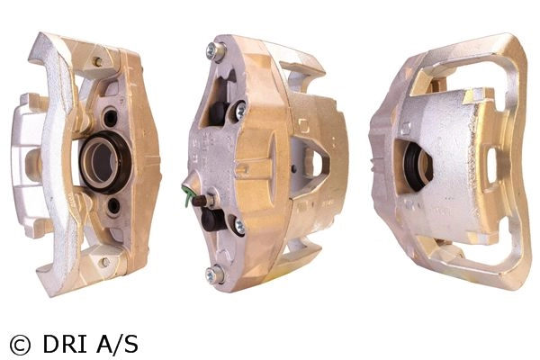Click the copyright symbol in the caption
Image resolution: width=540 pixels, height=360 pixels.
click(x=20, y=346)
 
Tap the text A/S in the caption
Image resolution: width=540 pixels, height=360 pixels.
click(x=117, y=344)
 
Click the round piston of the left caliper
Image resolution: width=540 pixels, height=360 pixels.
click(x=105, y=162)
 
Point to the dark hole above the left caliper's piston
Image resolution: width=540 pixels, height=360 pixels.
click(x=111, y=118)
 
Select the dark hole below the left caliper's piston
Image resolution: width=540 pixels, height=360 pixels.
click(x=113, y=206)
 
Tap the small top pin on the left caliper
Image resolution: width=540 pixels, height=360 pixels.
click(x=98, y=62)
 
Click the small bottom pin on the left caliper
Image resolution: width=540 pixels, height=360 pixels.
click(x=104, y=263)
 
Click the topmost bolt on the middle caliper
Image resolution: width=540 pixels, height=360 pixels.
click(x=215, y=52)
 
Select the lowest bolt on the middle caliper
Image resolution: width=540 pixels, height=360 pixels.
click(x=213, y=274)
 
